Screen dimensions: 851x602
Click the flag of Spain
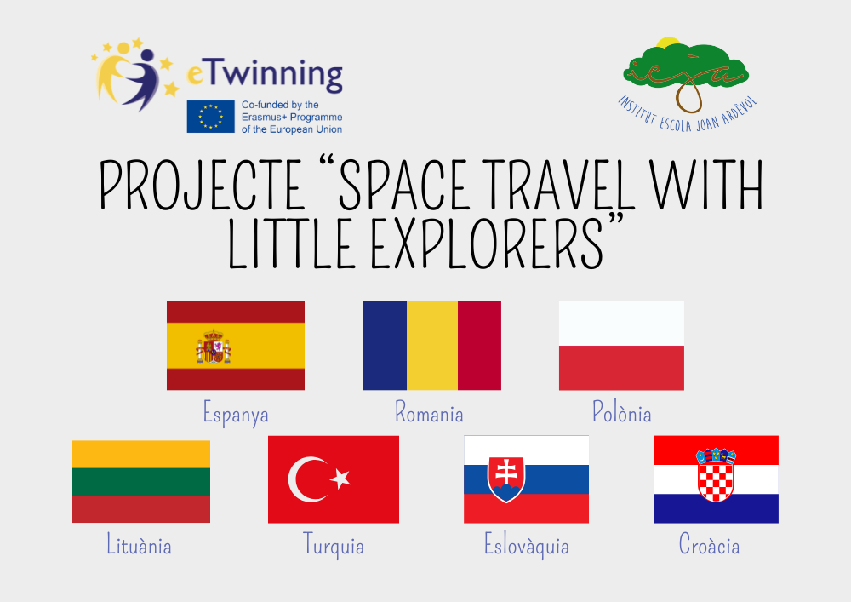click(236, 346)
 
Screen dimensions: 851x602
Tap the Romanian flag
click(432, 346)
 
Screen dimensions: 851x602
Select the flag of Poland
click(621, 346)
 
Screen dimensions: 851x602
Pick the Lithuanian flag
click(141, 481)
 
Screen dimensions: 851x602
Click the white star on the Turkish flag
click(340, 479)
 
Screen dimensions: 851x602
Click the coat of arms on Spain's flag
click(214, 347)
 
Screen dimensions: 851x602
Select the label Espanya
click(236, 414)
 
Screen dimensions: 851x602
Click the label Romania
click(429, 412)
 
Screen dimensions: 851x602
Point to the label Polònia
click(621, 412)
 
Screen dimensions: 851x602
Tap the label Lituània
click(139, 544)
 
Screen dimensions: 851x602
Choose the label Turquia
click(334, 546)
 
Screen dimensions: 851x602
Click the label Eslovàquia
click(527, 546)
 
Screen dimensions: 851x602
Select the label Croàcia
click(710, 544)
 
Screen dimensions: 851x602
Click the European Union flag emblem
click(210, 117)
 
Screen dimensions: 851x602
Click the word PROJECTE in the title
click(203, 186)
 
